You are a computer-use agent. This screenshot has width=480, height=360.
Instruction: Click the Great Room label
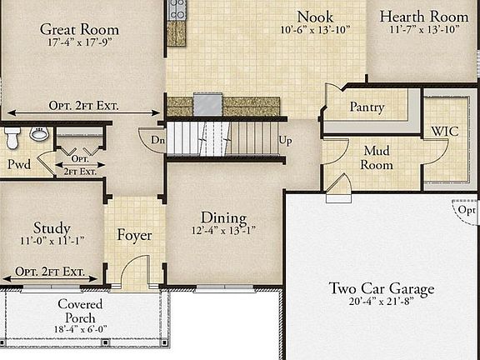click(80, 29)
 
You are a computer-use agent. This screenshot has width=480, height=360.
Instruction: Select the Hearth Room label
click(424, 16)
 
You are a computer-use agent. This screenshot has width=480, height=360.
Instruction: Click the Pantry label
click(367, 107)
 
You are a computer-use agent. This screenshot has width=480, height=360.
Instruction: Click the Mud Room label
click(377, 157)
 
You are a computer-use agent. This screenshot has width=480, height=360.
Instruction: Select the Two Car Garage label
click(382, 288)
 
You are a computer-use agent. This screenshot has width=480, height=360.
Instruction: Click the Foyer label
click(134, 235)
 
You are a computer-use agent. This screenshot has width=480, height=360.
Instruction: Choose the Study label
click(52, 227)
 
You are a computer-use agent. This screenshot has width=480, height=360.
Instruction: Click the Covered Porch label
click(80, 311)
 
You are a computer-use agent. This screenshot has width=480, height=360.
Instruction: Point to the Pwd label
click(19, 164)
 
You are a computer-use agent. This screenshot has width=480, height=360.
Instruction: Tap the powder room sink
click(37, 133)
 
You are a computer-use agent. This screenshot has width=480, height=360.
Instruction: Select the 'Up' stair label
click(285, 140)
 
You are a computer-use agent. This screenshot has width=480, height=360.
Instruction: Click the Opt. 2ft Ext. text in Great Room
click(83, 107)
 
